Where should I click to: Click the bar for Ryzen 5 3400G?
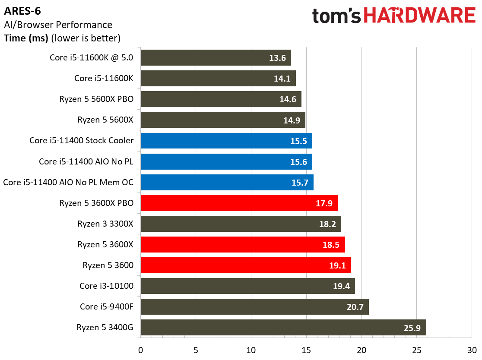(x=283, y=328)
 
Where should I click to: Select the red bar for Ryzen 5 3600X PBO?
(x=239, y=203)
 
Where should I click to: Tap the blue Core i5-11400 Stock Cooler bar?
(x=226, y=141)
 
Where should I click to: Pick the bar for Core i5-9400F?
(x=254, y=307)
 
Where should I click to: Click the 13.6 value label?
(x=277, y=58)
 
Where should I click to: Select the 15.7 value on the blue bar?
(x=300, y=183)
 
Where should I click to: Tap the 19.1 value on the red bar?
(x=337, y=265)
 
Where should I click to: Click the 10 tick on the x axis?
(x=251, y=350)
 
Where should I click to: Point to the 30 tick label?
(x=472, y=350)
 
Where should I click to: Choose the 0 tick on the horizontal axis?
(x=140, y=350)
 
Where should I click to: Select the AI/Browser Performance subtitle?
(x=58, y=25)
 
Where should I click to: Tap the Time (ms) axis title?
(x=26, y=38)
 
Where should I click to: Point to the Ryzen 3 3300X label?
(x=105, y=224)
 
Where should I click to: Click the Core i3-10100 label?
(x=106, y=286)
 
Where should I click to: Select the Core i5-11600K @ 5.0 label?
(x=92, y=58)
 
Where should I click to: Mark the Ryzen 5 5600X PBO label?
(x=96, y=99)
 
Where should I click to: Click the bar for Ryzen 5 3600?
(x=245, y=265)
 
